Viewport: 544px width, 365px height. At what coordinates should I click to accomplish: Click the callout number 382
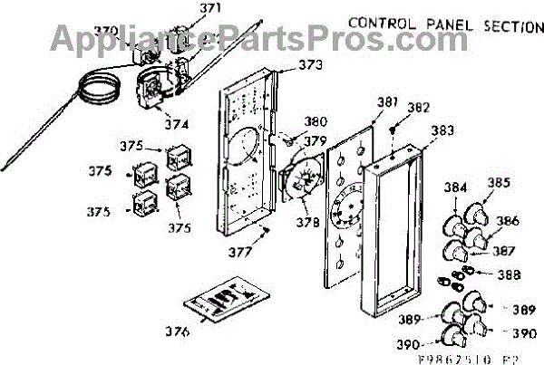click(x=418, y=107)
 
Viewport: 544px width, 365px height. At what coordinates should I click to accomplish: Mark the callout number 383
click(x=442, y=130)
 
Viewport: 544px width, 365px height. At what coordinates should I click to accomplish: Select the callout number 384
click(x=456, y=187)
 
